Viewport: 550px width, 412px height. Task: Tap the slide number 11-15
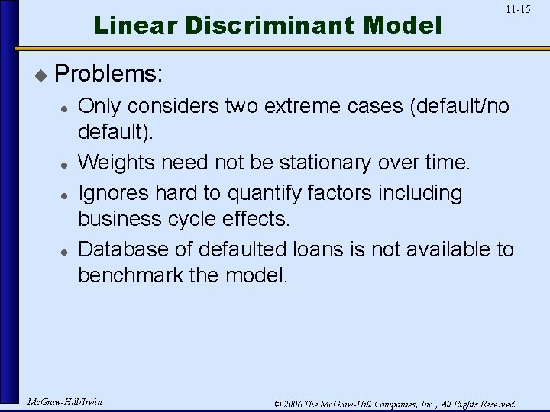point(518,10)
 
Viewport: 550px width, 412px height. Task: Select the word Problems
point(108,74)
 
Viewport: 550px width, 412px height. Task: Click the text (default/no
point(460,106)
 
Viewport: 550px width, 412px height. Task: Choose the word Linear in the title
point(134,26)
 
